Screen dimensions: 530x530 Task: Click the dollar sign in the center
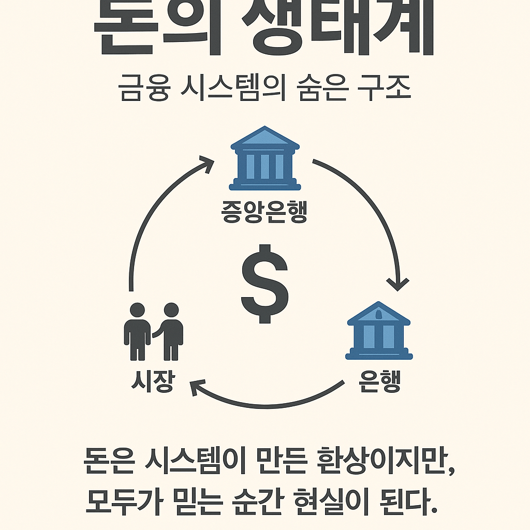(264, 284)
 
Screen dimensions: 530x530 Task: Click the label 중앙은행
(264, 213)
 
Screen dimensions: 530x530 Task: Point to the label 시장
(152, 382)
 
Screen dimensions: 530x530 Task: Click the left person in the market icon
(137, 331)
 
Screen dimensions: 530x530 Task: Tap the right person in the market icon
(170, 331)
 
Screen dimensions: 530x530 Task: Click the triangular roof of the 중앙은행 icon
(265, 137)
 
